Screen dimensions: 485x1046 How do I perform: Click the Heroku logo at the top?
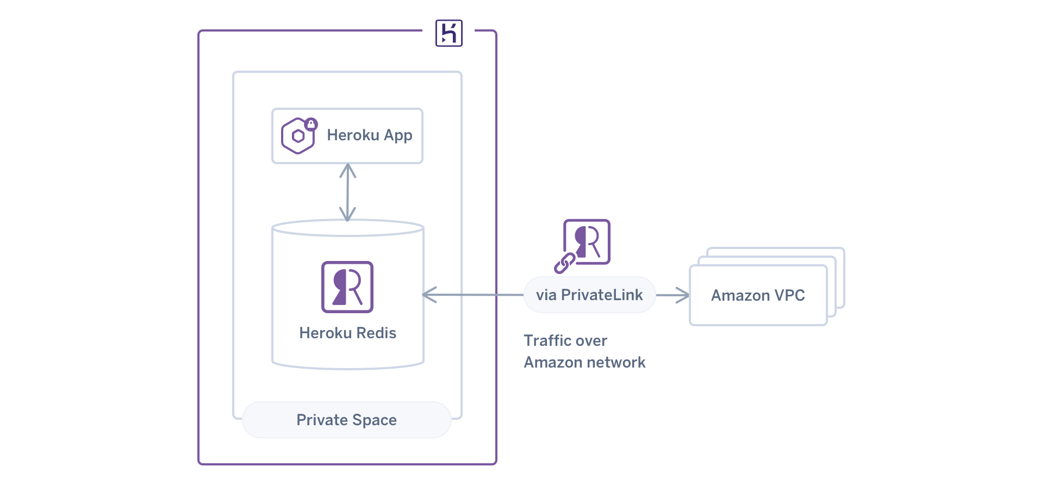pos(449,33)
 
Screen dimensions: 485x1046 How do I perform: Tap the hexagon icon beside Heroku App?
pos(297,136)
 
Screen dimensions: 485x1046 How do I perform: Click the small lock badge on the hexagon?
pos(310,124)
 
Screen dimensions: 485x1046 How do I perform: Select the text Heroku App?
pos(369,135)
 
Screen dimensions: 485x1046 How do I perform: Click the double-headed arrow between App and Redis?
pos(347,192)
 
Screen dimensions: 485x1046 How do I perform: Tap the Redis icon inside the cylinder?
pos(347,287)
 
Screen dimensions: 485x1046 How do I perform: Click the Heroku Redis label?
pos(347,333)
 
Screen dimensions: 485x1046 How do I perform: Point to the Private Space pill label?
pos(346,420)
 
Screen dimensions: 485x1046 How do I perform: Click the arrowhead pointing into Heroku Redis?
pos(429,295)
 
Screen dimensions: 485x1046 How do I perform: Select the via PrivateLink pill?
pos(589,295)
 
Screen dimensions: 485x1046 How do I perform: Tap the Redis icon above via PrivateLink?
pos(587,241)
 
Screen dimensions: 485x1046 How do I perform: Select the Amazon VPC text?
pos(757,295)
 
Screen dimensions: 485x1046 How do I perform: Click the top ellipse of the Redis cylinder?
pos(347,228)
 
